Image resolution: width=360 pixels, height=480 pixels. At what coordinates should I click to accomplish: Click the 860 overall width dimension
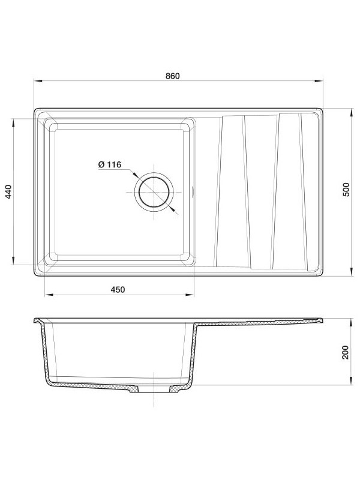pyautogui.click(x=172, y=76)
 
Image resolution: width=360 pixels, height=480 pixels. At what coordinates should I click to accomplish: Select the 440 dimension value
pyautogui.click(x=8, y=191)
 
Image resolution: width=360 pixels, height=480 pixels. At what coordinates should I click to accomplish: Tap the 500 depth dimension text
pyautogui.click(x=346, y=191)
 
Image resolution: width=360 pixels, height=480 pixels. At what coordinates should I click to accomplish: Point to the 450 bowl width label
pyautogui.click(x=118, y=290)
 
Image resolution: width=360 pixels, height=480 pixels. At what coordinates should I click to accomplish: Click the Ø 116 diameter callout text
pyautogui.click(x=109, y=164)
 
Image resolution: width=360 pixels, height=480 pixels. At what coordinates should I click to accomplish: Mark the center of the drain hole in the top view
pyautogui.click(x=154, y=192)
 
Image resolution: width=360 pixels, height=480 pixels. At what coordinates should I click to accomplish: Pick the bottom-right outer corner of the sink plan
pyautogui.click(x=323, y=275)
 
